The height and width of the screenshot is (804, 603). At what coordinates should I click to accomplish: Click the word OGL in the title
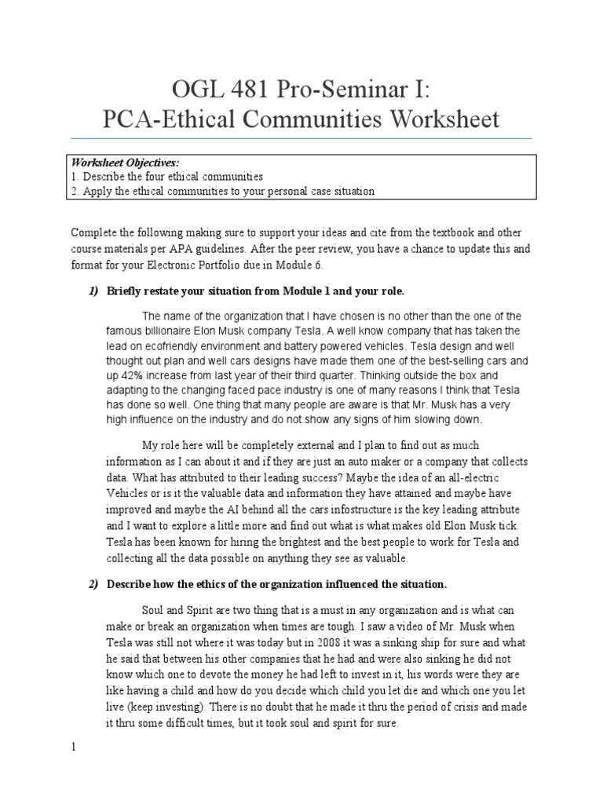tap(193, 88)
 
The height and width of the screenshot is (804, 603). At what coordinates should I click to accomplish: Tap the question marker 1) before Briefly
tap(93, 291)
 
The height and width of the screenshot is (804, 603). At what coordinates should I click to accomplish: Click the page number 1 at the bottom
tap(73, 747)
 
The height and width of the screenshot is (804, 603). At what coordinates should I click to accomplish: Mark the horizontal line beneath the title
tap(301, 139)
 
